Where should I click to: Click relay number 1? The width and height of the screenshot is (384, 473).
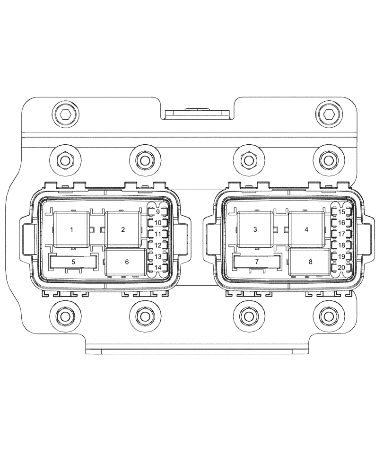coord(72,229)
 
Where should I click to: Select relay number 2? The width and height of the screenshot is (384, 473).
coord(123,229)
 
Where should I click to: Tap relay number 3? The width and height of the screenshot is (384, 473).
coord(255,229)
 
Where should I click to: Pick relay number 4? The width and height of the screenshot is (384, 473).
coord(306,229)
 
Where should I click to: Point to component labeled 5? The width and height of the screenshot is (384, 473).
coord(73,262)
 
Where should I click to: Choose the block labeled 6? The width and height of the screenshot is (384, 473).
coord(126,262)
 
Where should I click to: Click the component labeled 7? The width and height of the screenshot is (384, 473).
coord(257,262)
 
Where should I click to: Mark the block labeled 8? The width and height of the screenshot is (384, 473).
coord(310,262)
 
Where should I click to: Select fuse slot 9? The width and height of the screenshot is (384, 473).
coord(158,211)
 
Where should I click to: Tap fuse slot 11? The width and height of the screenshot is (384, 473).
coord(158,234)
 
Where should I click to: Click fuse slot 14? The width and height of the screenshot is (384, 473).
coord(158,268)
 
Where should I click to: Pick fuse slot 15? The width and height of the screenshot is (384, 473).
coord(341,211)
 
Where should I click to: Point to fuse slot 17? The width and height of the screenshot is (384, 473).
coord(341,234)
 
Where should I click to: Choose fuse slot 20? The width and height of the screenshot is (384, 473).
coord(341,268)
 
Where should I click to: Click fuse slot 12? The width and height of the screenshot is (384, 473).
coord(158,245)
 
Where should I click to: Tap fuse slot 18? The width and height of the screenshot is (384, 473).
coord(341,245)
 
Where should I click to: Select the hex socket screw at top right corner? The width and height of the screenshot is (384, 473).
coord(327,114)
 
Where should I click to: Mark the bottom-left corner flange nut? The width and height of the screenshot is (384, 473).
coord(64,315)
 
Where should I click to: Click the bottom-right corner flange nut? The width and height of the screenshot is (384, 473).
coord(327,315)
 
